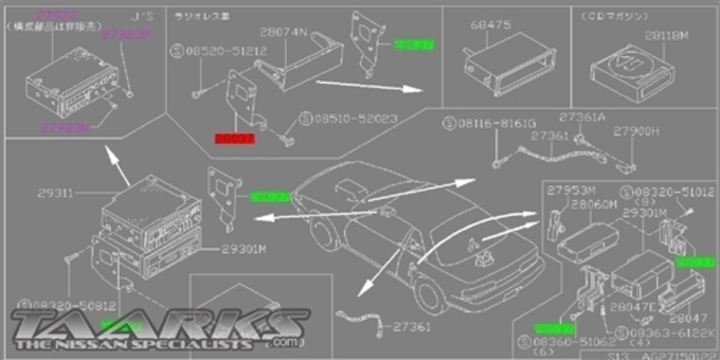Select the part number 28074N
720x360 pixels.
[x=283, y=32]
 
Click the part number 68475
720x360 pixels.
[x=491, y=25]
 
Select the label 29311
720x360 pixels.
[x=54, y=193]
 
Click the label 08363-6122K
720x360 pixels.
[x=671, y=333]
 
